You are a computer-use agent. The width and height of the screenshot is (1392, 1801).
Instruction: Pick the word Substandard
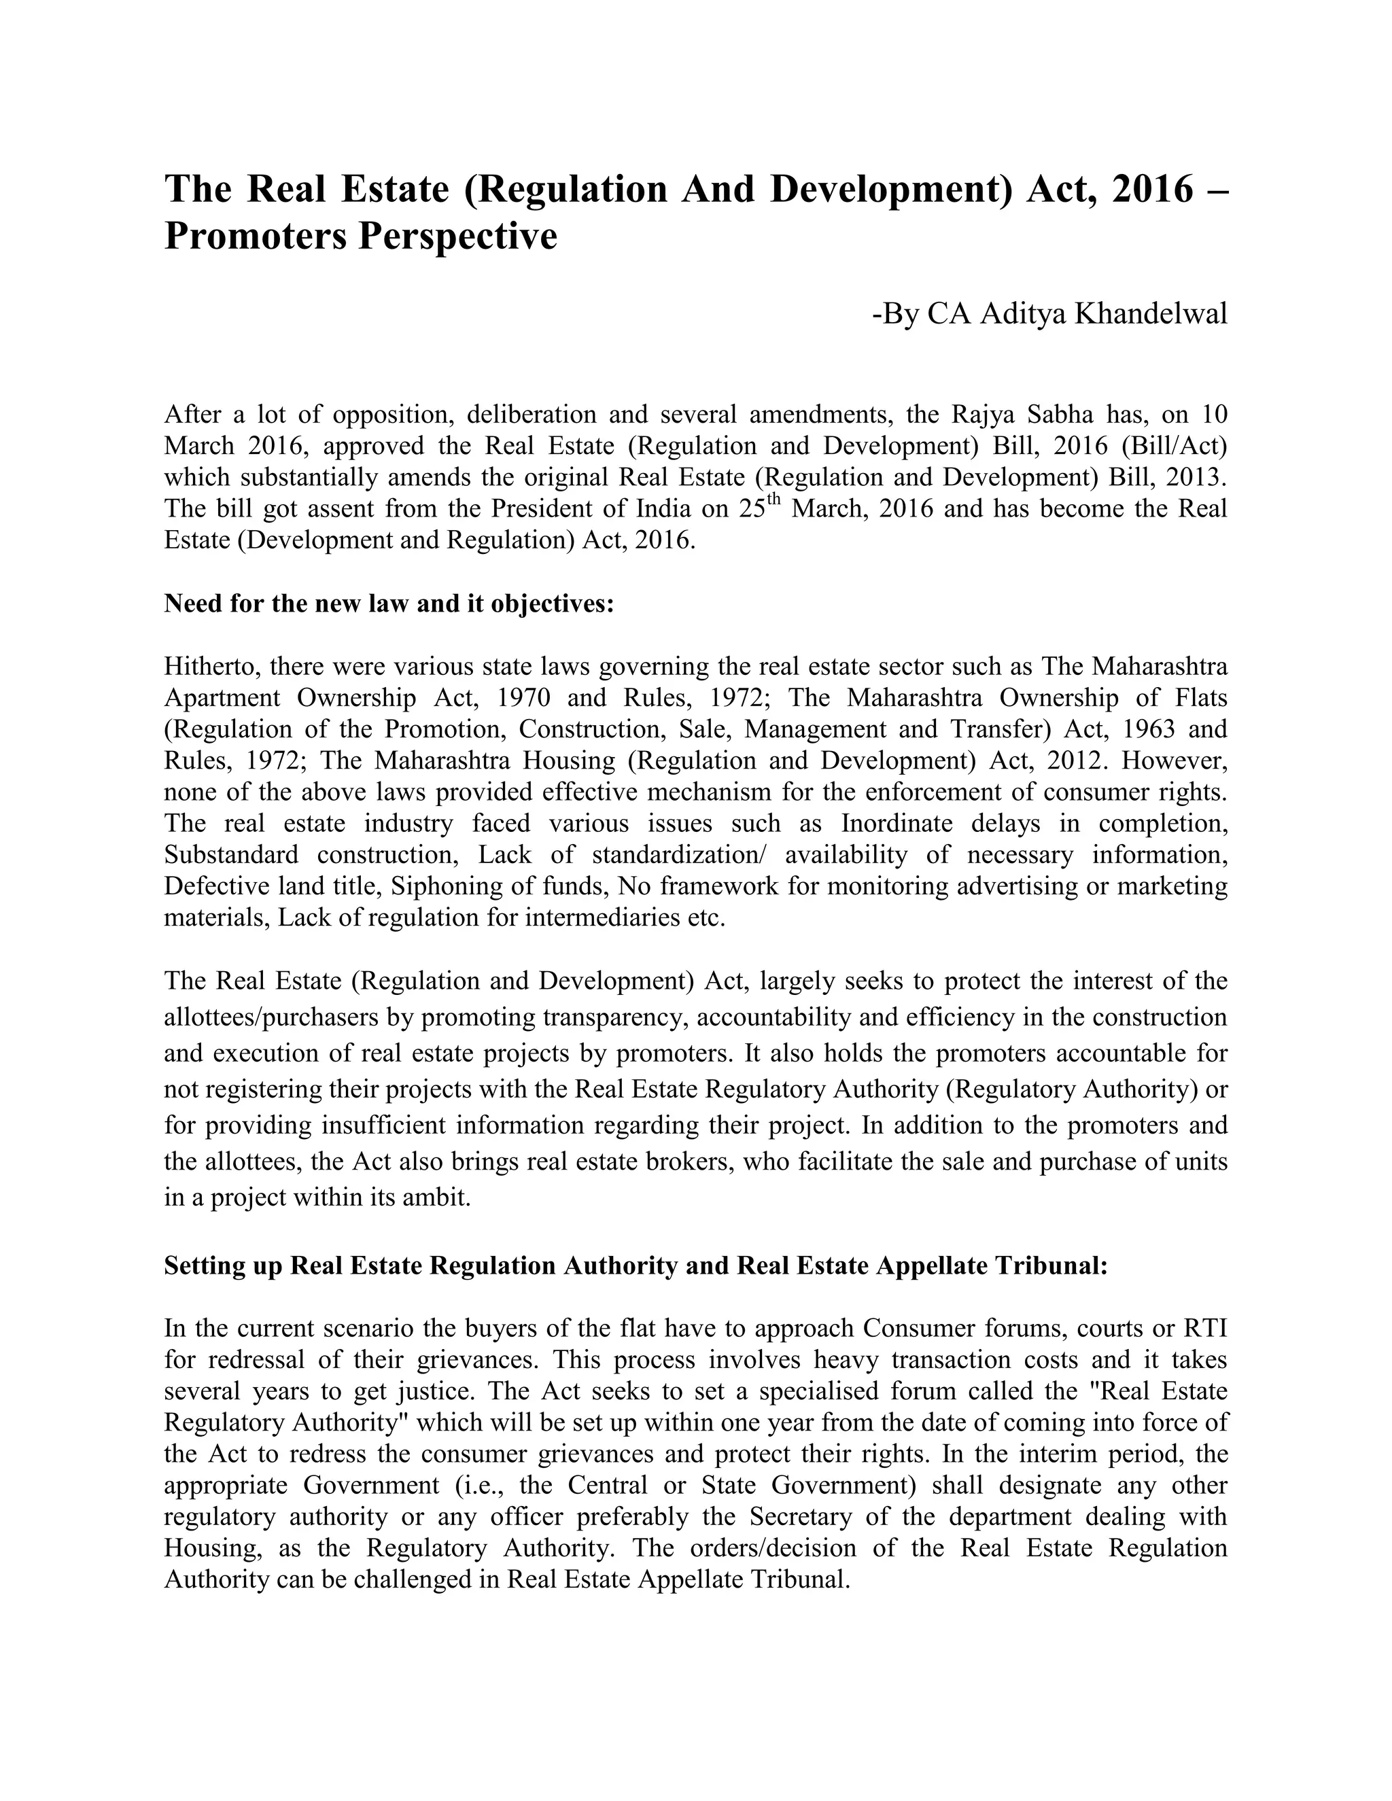click(231, 854)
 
